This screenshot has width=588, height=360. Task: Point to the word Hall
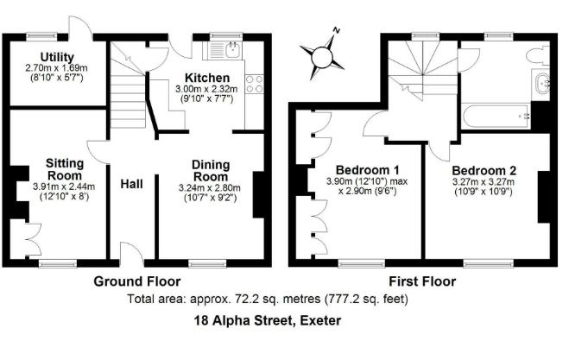coord(131,184)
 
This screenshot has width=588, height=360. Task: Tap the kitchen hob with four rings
coord(255,84)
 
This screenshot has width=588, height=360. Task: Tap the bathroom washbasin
coord(544,85)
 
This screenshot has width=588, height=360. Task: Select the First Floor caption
coord(422,281)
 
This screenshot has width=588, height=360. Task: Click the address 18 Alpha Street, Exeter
coord(268,320)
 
